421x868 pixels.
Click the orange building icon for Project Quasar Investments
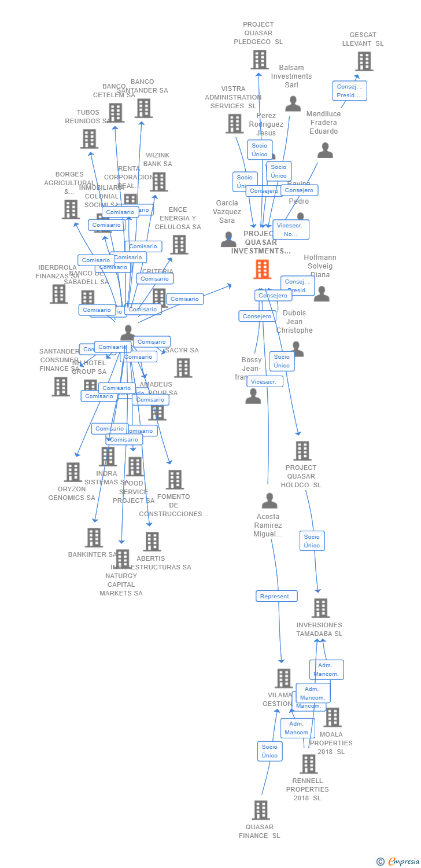point(262,269)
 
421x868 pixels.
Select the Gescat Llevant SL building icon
point(364,61)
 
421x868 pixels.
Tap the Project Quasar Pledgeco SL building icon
point(259,60)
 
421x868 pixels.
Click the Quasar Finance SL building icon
point(261,810)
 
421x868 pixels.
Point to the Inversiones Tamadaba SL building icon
point(320,608)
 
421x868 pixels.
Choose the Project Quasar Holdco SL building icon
point(302,451)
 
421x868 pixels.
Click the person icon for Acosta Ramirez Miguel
point(269,501)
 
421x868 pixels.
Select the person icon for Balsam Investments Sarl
point(293,104)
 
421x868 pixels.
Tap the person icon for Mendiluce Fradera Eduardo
point(325,150)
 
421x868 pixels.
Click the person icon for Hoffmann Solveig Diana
point(322,294)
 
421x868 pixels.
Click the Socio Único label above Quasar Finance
point(269,751)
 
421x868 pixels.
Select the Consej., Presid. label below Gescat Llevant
point(349,91)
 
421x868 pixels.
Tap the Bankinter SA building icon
point(94,538)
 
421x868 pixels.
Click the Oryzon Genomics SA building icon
point(73,472)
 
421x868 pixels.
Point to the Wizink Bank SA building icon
point(158,182)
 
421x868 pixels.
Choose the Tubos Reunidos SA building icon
point(89,139)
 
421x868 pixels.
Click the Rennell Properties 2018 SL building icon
point(308,764)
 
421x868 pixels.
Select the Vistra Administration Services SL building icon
point(234,123)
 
